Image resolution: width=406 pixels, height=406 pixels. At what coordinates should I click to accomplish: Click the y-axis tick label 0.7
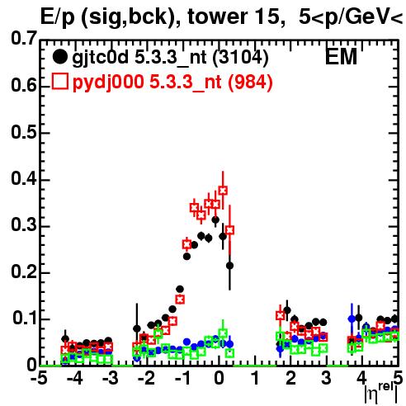click(24, 38)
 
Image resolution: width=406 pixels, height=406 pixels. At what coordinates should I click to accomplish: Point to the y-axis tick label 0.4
click(24, 178)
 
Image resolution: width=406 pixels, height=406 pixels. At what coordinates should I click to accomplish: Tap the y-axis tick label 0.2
click(24, 271)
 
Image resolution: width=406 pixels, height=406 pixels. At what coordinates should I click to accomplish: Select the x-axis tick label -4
click(75, 378)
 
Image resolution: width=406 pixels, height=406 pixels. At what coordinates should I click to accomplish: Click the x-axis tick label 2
click(290, 378)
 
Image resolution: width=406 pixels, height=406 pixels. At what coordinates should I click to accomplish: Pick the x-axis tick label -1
click(183, 378)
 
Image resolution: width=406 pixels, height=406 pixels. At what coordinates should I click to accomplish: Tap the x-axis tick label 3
click(326, 378)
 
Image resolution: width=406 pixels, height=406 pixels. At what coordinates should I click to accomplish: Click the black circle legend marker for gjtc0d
click(59, 57)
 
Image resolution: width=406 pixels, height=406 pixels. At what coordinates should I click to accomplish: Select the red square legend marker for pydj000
click(59, 81)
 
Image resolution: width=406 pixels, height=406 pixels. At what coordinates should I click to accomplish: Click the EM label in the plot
click(341, 57)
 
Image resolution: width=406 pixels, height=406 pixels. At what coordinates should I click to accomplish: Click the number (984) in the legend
click(250, 82)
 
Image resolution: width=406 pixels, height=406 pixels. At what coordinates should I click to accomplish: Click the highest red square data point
click(223, 191)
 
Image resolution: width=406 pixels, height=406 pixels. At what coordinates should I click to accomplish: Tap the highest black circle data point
click(215, 220)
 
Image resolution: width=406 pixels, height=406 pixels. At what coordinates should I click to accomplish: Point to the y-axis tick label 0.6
click(24, 85)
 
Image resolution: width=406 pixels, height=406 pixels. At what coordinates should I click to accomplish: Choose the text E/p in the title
click(57, 17)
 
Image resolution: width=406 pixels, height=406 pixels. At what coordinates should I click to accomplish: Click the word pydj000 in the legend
click(108, 83)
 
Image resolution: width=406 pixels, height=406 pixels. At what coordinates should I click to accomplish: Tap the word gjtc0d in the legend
click(101, 58)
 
